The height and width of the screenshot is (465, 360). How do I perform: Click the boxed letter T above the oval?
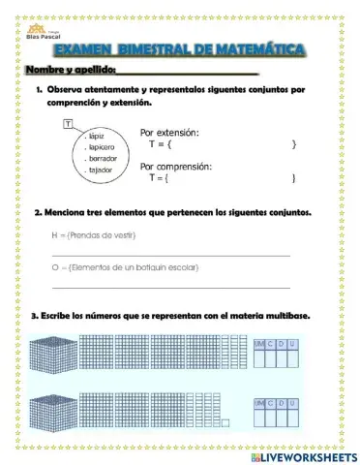(x=67, y=123)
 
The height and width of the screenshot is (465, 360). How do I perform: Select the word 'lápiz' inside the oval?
(x=95, y=137)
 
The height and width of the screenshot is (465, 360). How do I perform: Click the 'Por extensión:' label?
(x=169, y=132)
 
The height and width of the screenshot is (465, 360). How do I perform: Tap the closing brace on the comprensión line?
(x=293, y=178)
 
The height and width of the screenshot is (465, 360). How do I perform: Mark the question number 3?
(x=34, y=315)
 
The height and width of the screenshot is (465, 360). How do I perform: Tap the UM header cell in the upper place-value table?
(x=258, y=344)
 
